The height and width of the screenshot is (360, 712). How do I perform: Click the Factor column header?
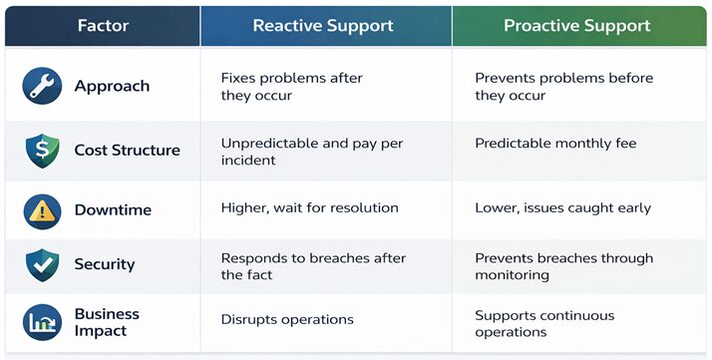coord(103,25)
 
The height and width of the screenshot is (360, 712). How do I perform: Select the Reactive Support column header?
coord(325,25)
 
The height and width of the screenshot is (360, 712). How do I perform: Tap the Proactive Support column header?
coord(578,25)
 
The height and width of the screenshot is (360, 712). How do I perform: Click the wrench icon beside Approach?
coord(42,87)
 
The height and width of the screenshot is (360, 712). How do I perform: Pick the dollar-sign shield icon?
coord(42,151)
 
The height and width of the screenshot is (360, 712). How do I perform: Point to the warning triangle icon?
coord(42,209)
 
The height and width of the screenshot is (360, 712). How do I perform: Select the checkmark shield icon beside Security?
coord(42,265)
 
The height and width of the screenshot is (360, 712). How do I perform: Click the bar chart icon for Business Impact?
coord(42,321)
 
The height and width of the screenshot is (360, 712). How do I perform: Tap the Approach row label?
coord(112,87)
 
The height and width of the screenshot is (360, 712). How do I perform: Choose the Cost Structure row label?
coord(127,151)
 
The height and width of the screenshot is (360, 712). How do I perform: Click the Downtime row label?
coord(113,209)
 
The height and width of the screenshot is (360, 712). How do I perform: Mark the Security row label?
coord(104,265)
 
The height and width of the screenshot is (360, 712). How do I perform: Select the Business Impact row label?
coord(107,321)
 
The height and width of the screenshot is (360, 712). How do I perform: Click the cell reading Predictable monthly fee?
coord(554,144)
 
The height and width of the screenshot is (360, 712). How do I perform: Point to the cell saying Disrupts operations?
coord(287,320)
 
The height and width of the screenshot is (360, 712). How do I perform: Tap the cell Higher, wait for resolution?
coord(309,208)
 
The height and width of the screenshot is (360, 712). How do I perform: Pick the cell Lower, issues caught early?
coord(562,208)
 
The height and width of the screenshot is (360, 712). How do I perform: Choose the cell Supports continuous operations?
coord(544,323)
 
